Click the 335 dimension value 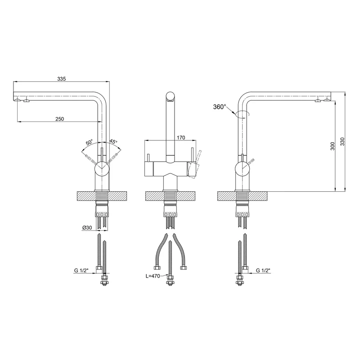(x=62, y=79)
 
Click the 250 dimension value (x=60, y=119)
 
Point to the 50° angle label (x=89, y=142)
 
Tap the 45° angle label (x=113, y=141)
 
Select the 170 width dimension (x=181, y=138)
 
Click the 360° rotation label (x=220, y=107)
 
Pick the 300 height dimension (x=333, y=146)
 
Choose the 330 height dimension (x=342, y=141)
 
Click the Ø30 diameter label (x=87, y=228)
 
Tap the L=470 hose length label (x=153, y=276)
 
